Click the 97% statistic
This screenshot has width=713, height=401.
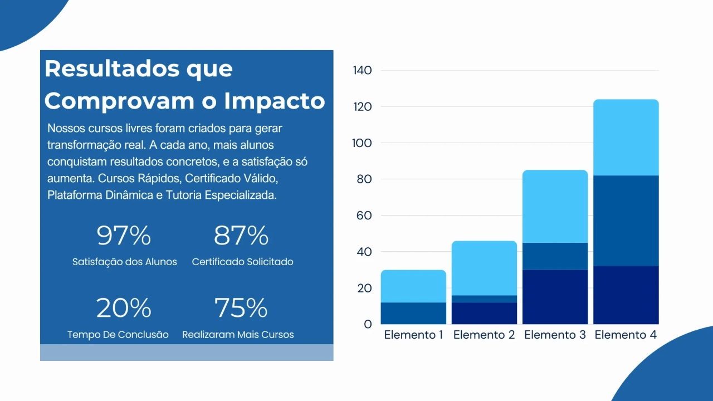click(x=124, y=236)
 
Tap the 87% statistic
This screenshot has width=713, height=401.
click(x=241, y=236)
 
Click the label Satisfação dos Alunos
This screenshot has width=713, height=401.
click(x=125, y=262)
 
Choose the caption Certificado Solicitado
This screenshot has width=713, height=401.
click(x=242, y=262)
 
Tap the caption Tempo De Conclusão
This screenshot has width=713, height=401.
click(x=118, y=335)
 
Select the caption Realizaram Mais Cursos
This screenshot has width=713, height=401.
click(x=238, y=335)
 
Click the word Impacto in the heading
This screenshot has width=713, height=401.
click(x=275, y=101)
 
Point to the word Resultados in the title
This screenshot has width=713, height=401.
click(x=104, y=69)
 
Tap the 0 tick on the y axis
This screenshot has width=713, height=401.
click(x=368, y=324)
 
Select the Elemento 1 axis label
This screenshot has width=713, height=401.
click(x=413, y=335)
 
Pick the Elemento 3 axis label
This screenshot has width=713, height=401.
click(x=555, y=335)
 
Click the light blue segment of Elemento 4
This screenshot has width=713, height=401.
click(x=626, y=138)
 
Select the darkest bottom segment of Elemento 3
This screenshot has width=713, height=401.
click(x=555, y=297)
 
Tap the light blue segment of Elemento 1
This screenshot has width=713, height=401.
click(x=413, y=286)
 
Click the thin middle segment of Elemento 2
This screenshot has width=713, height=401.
click(x=484, y=299)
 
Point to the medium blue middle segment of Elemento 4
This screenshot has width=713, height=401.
click(x=626, y=221)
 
